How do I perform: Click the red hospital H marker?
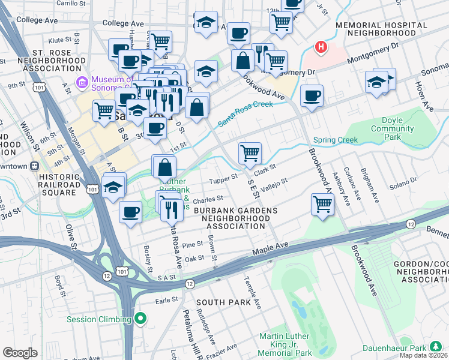pos(322,47)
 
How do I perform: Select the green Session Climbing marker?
pos(141,319)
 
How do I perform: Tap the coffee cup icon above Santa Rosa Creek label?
pos(311,95)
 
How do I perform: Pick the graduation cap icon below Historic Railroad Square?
pos(113,186)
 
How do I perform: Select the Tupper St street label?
pos(223,181)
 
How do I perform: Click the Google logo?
pos(20,353)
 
